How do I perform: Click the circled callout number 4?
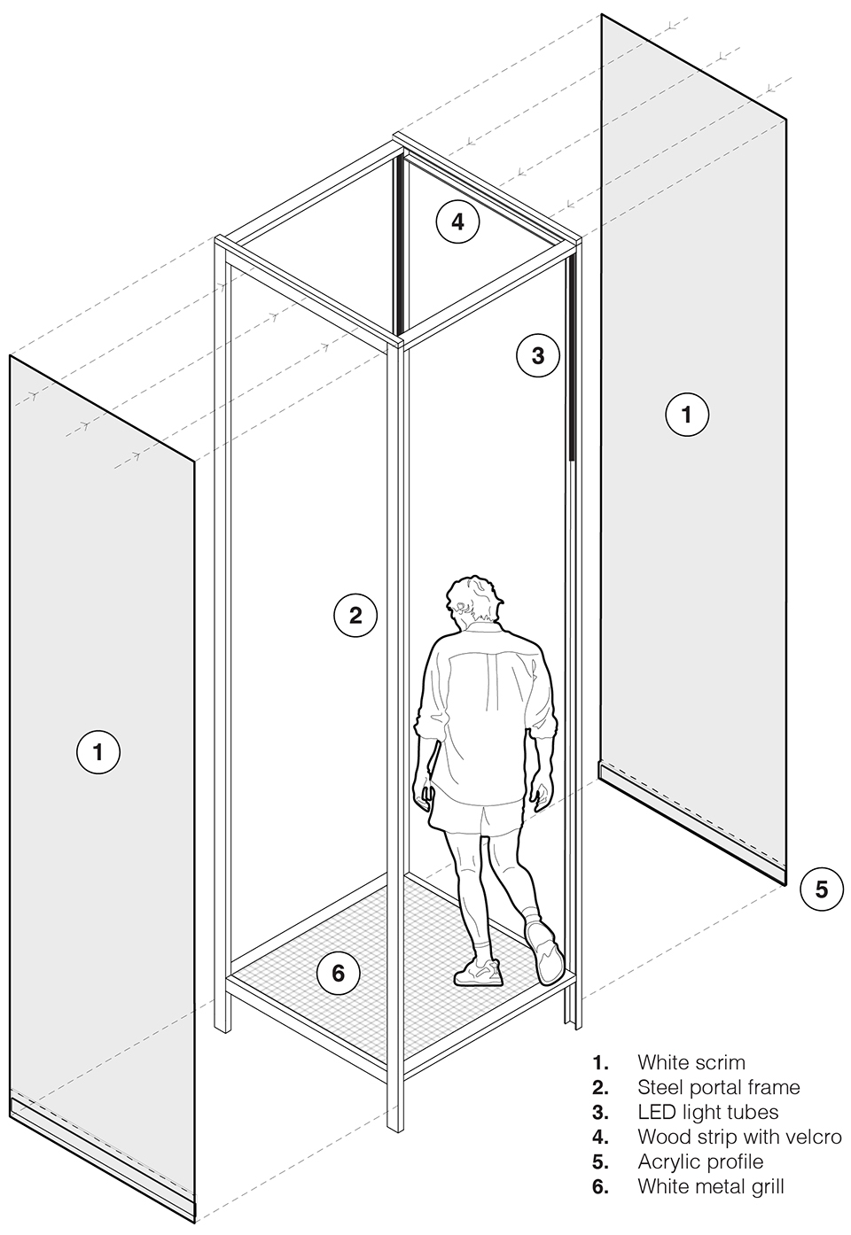click(457, 221)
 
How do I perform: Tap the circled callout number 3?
click(538, 355)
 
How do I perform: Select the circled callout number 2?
click(355, 616)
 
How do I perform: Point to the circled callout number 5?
click(822, 889)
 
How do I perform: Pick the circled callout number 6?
click(338, 973)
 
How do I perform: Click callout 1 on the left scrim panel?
click(98, 752)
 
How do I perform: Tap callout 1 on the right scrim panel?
click(687, 414)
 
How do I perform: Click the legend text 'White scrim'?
click(691, 1062)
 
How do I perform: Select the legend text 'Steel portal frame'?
click(719, 1087)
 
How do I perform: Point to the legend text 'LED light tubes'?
click(708, 1112)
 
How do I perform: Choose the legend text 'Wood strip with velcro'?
click(739, 1137)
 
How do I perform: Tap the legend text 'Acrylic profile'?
click(700, 1161)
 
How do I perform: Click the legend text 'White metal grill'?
click(711, 1186)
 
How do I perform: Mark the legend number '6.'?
click(600, 1186)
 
